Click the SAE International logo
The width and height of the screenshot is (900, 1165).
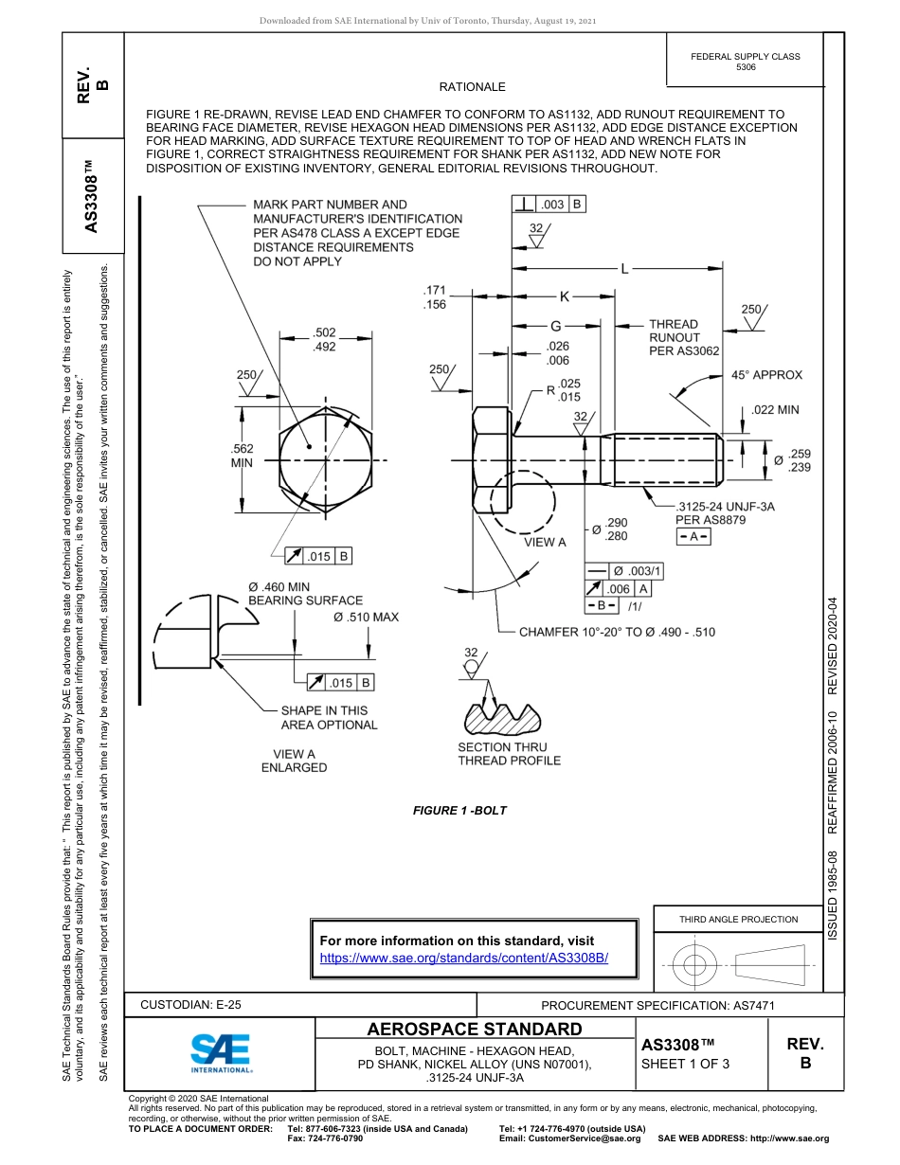tap(220, 1051)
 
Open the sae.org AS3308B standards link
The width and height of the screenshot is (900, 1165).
tap(463, 958)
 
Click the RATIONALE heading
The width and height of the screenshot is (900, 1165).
tap(473, 87)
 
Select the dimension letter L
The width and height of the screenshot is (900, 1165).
tap(624, 269)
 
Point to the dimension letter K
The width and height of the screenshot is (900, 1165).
tap(564, 296)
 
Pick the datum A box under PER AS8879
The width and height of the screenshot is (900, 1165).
tap(693, 537)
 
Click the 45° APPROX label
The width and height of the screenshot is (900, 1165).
tap(766, 375)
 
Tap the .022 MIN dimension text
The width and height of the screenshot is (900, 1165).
tap(775, 410)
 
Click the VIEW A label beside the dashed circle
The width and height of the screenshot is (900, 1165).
tap(545, 543)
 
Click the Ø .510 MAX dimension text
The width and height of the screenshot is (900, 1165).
tap(366, 617)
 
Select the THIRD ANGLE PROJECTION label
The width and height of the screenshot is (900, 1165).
tap(738, 919)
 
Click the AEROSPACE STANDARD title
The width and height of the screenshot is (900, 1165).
tap(475, 1030)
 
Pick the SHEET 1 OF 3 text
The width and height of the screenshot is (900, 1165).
tap(685, 1064)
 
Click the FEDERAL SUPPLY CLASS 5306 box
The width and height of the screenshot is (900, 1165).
tap(746, 62)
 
